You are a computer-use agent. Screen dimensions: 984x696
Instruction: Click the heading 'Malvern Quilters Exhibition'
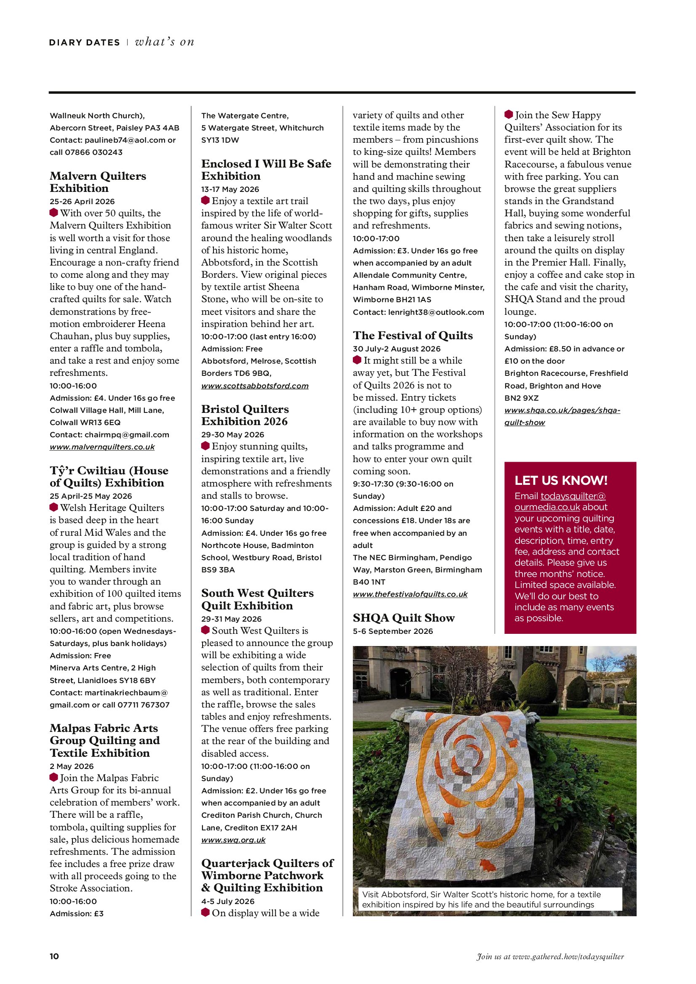click(98, 182)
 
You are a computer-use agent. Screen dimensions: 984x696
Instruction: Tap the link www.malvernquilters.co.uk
click(102, 447)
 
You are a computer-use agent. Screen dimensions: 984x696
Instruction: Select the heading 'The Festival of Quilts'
click(413, 335)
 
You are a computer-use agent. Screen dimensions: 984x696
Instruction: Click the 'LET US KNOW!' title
click(561, 481)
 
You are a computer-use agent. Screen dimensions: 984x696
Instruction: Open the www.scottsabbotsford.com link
click(255, 386)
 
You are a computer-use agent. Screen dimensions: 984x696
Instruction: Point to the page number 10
click(54, 956)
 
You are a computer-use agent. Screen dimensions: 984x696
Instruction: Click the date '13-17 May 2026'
click(230, 189)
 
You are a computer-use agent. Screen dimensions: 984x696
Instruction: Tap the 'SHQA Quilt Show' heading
click(403, 618)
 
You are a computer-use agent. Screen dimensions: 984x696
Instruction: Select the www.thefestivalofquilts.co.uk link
click(410, 594)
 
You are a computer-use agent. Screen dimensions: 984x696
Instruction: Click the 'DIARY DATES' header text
click(85, 43)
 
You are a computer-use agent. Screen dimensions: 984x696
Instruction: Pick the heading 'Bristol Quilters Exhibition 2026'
click(245, 415)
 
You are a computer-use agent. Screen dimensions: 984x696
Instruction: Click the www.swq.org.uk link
click(233, 840)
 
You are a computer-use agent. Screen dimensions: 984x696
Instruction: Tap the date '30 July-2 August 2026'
click(397, 349)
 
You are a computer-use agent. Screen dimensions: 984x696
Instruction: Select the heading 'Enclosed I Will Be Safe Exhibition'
click(266, 170)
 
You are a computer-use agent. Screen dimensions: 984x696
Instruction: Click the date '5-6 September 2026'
click(393, 631)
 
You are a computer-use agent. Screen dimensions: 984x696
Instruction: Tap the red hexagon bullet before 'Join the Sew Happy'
click(509, 114)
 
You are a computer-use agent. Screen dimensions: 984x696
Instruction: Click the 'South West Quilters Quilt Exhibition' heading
click(257, 600)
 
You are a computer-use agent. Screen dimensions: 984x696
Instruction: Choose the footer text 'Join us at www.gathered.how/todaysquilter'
click(550, 957)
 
